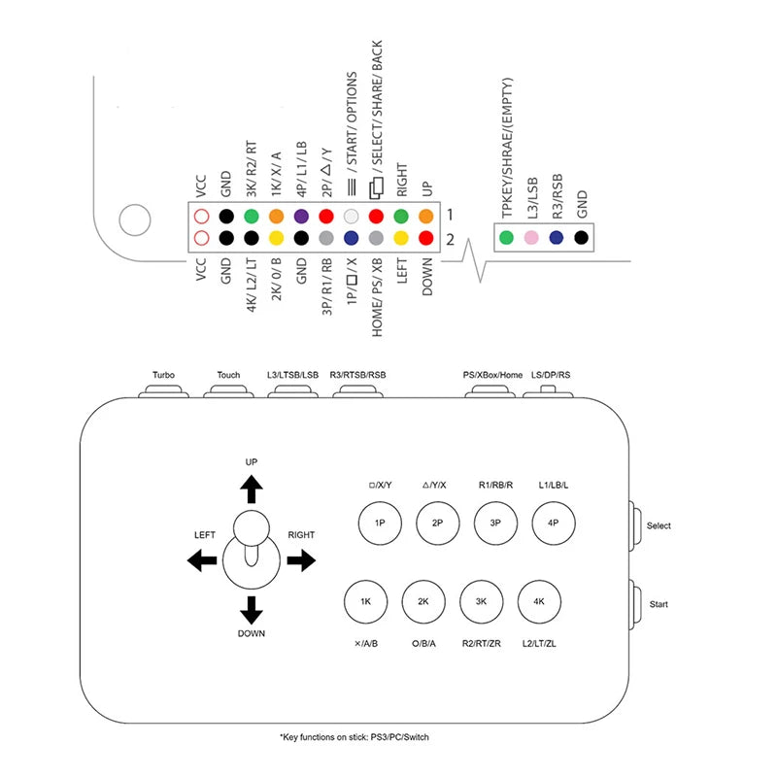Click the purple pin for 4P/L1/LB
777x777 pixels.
pos(301,218)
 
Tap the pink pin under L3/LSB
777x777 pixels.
pos(530,237)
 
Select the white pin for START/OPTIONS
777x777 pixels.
pos(352,218)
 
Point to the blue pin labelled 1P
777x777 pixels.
pos(352,238)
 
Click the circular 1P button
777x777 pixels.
pos(380,523)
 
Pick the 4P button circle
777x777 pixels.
pos(553,523)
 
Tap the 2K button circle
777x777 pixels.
pos(423,602)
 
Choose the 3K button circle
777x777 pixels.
pos(481,602)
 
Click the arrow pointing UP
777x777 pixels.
pos(252,489)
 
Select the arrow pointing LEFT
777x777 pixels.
pos(202,559)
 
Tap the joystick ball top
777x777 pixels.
pos(252,529)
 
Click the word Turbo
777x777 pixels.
pos(163,375)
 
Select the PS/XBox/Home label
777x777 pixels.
pos(493,375)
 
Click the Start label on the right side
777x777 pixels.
pos(659,604)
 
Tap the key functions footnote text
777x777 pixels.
pos(354,737)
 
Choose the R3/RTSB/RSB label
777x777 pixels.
pos(356,375)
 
